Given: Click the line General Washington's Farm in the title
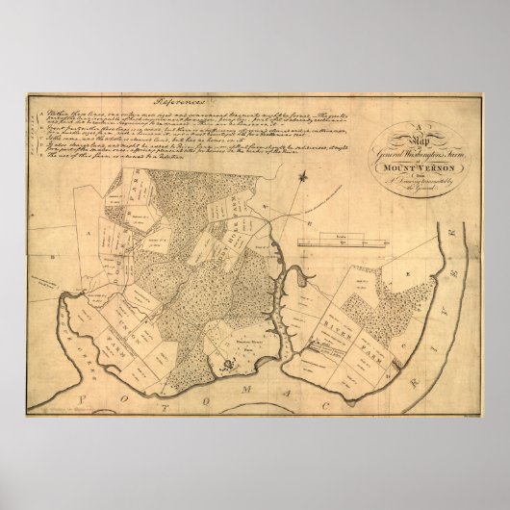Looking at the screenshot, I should (416, 157).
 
